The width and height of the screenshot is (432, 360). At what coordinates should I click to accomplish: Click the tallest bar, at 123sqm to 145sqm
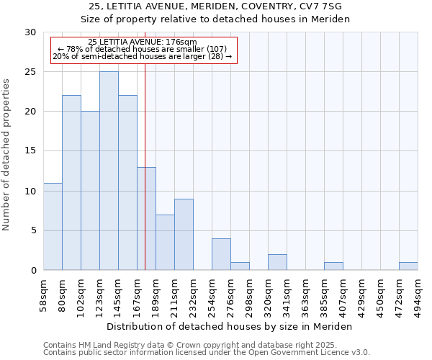109,171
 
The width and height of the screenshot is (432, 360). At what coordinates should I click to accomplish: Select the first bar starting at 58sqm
53,226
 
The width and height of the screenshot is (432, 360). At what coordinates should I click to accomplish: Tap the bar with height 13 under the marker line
146,218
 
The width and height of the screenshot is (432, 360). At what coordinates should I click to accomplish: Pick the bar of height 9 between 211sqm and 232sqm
184,234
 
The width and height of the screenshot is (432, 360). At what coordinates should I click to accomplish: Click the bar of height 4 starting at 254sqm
221,254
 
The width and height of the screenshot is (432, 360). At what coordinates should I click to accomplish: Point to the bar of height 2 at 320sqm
277,262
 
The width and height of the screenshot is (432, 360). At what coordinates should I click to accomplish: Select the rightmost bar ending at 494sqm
408,266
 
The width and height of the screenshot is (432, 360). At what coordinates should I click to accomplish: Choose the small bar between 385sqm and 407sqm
333,266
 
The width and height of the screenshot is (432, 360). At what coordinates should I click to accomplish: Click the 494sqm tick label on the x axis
418,295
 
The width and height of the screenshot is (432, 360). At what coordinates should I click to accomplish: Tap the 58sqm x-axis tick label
43,295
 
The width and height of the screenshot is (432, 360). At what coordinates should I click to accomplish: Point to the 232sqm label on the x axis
193,295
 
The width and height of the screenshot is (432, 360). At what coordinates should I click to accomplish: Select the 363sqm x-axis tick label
305,295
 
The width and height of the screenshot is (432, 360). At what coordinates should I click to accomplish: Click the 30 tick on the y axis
30,32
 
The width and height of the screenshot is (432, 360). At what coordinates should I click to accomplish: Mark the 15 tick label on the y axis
30,151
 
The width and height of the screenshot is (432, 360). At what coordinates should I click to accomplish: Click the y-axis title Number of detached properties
7,155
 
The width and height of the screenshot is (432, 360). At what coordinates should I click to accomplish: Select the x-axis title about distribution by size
230,327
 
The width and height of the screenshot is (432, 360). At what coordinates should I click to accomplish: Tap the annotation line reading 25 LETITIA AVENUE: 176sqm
142,42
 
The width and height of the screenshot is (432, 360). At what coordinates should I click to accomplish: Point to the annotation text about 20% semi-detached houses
142,56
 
